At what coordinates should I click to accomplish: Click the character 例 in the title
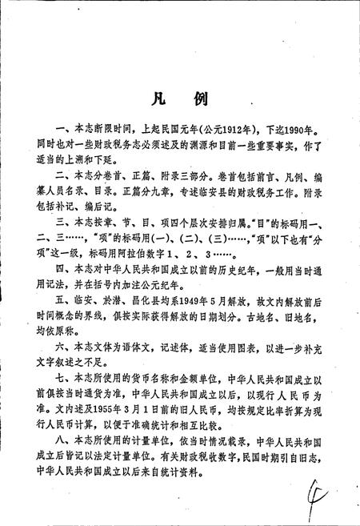[200, 99]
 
